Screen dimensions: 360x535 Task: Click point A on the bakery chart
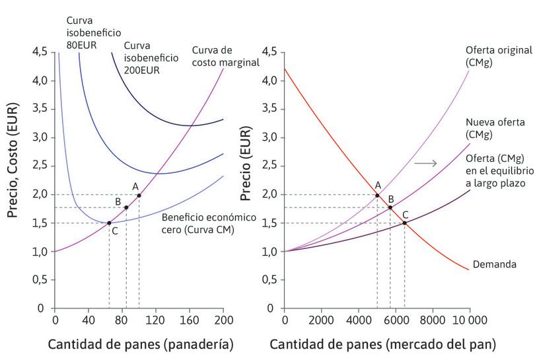[x=139, y=195]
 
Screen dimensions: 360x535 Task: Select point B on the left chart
[x=126, y=207]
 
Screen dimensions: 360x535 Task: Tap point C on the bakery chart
[x=109, y=223]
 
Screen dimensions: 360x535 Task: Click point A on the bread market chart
[x=377, y=195]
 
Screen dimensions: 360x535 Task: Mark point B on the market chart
[x=390, y=207]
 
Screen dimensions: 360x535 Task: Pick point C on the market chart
[x=404, y=223]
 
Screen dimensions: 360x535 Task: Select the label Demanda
[x=493, y=265]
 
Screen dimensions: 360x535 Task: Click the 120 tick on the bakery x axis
[x=155, y=320]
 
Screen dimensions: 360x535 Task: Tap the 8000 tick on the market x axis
[x=433, y=320]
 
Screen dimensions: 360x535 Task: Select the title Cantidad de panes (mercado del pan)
[x=382, y=344]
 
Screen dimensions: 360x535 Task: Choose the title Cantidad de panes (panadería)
[x=139, y=344]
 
